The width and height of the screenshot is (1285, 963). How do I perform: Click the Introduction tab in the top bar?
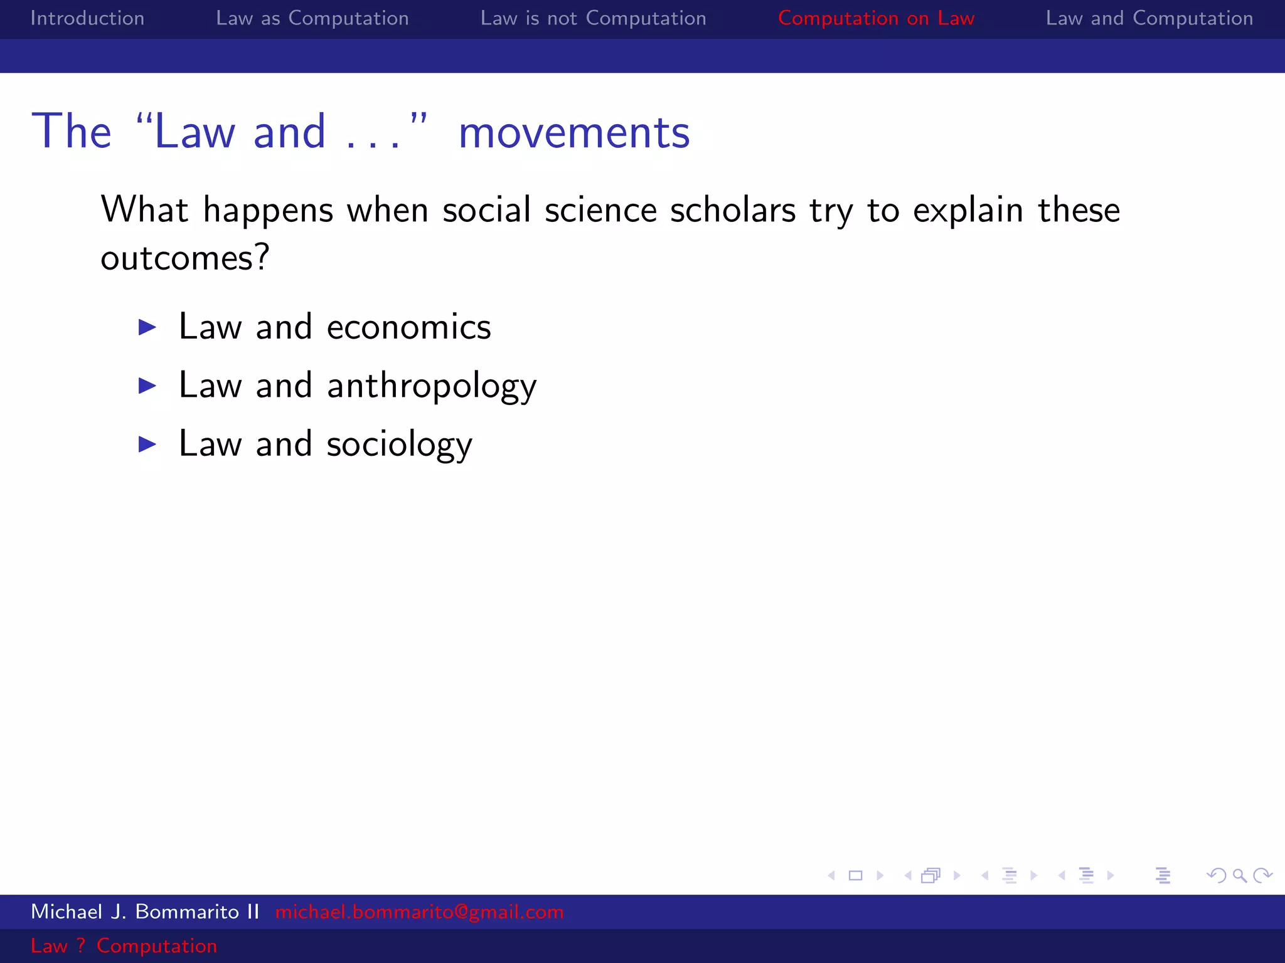(87, 18)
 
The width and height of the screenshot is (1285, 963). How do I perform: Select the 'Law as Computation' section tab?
(312, 18)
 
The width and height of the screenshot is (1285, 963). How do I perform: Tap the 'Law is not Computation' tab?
(593, 18)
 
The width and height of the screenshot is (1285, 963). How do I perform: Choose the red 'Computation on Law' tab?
(876, 18)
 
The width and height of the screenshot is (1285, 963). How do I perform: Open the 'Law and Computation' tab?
(1149, 18)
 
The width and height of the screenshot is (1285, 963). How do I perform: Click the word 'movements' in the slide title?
(573, 132)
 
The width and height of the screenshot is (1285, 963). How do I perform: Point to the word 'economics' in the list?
(408, 327)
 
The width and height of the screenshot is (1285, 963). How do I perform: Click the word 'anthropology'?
(432, 386)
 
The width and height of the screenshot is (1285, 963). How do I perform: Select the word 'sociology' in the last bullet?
(399, 445)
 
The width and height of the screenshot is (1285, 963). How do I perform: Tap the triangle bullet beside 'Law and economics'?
(147, 327)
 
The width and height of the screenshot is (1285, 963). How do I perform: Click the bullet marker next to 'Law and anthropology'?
(147, 385)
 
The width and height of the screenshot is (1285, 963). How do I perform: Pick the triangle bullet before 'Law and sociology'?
(147, 444)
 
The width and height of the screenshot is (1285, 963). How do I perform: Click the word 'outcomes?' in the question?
(185, 258)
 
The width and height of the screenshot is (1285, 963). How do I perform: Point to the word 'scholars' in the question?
(733, 209)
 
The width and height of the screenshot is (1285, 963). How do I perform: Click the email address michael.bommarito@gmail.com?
(419, 912)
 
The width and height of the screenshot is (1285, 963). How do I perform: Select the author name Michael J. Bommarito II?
(145, 912)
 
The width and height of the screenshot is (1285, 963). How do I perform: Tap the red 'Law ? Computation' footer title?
(124, 945)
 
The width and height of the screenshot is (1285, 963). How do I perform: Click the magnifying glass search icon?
(1239, 875)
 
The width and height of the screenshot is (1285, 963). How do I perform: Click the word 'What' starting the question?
(144, 209)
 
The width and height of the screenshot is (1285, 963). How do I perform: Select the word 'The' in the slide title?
(72, 132)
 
